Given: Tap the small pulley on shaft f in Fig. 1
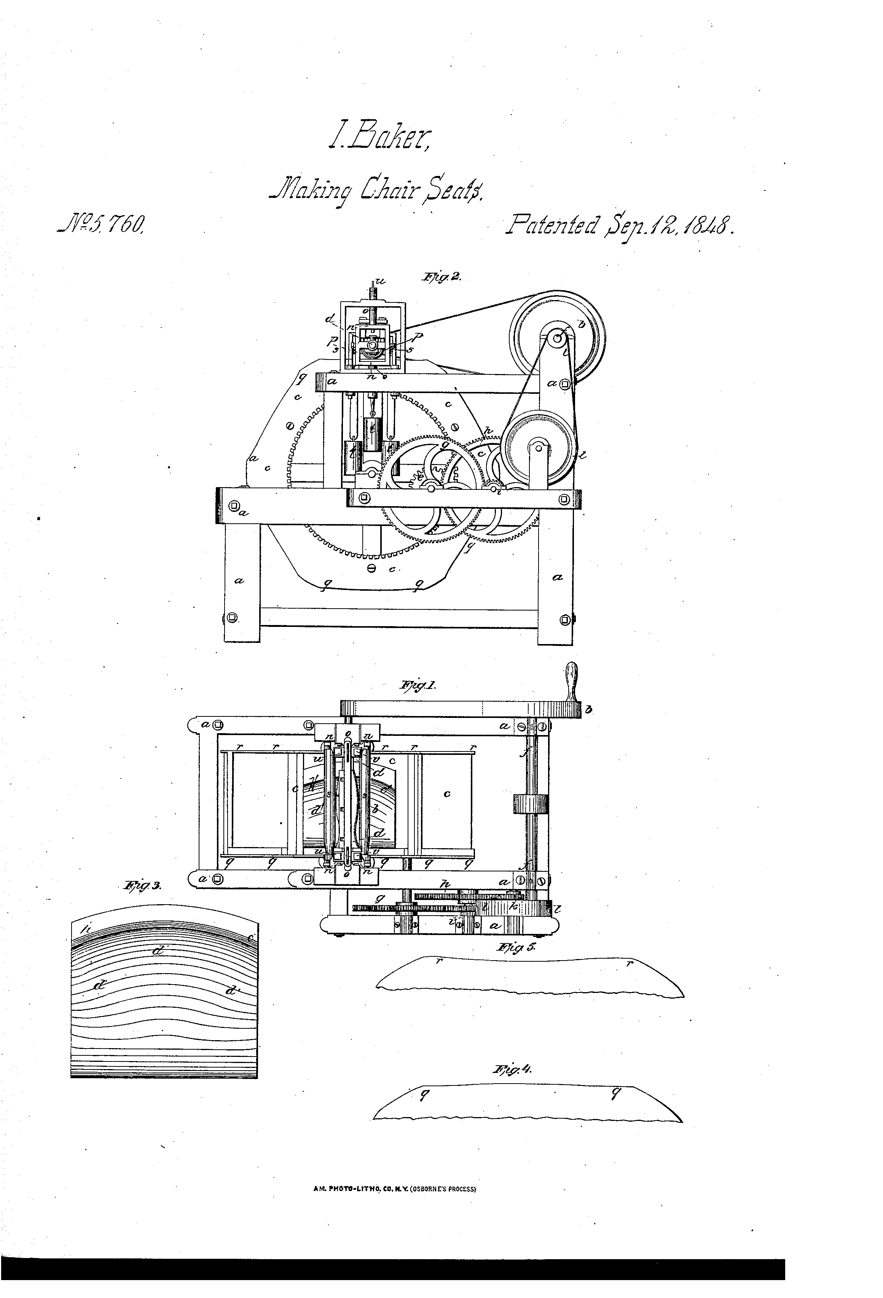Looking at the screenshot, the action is coord(530,804).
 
